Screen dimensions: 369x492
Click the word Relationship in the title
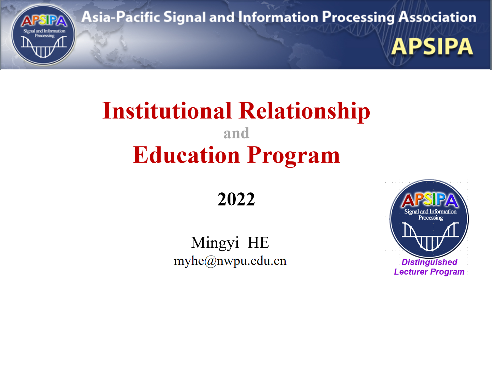pyautogui.click(x=304, y=111)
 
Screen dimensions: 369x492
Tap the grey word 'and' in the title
pyautogui.click(x=236, y=133)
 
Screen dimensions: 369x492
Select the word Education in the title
pyautogui.click(x=186, y=155)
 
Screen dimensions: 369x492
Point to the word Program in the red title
pyautogui.click(x=294, y=156)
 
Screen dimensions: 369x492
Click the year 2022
pyautogui.click(x=236, y=199)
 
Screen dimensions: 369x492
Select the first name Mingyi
pyautogui.click(x=215, y=243)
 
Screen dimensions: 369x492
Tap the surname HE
pyautogui.click(x=258, y=243)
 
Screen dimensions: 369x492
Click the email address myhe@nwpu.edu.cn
pyautogui.click(x=230, y=261)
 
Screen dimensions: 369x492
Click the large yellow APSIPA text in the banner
pyautogui.click(x=432, y=47)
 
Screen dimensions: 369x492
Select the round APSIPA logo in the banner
pyautogui.click(x=43, y=35)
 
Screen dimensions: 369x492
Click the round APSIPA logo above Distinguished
pyautogui.click(x=429, y=218)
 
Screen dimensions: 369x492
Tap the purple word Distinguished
pyautogui.click(x=429, y=262)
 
